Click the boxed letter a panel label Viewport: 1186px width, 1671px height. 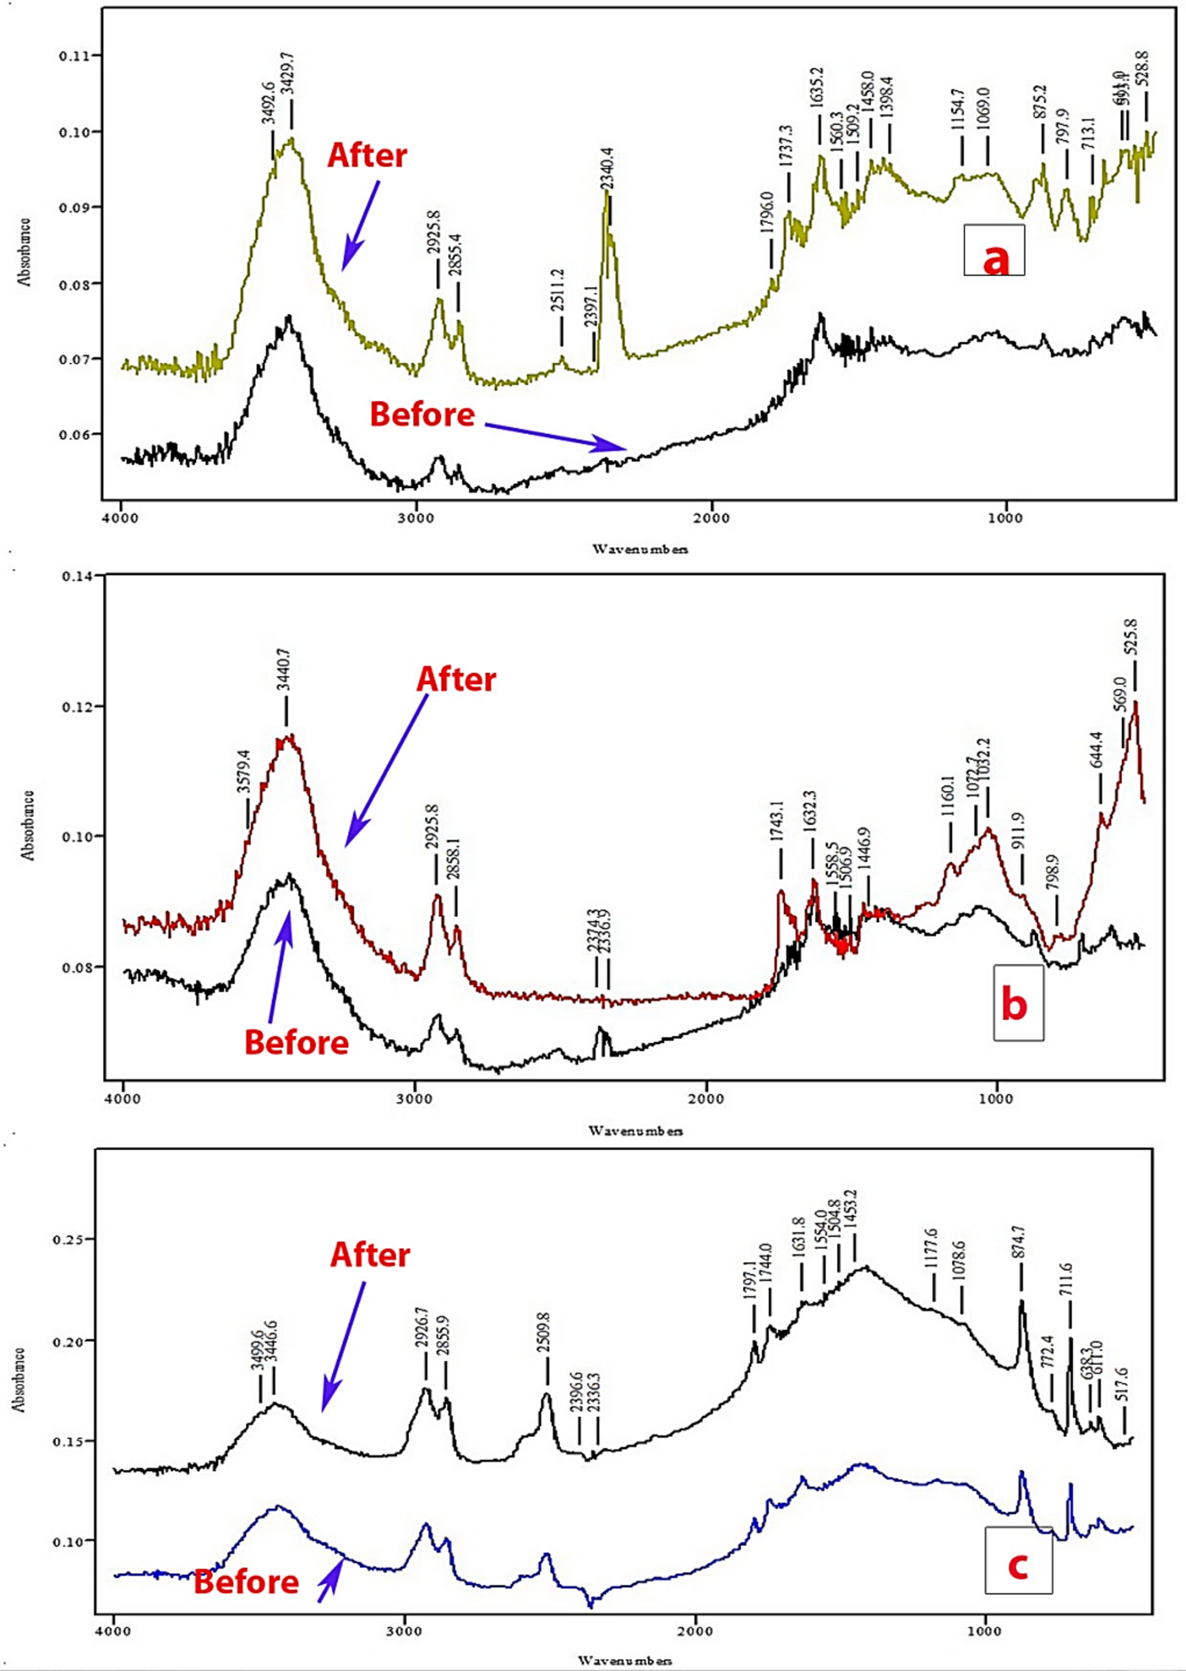(x=995, y=251)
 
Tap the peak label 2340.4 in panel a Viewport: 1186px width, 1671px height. (x=607, y=168)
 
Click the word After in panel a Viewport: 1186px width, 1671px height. (x=367, y=155)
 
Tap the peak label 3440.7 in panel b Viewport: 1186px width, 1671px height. (x=285, y=671)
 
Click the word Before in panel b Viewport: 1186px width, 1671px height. (x=297, y=1042)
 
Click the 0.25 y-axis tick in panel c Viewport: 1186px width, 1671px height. (x=69, y=1239)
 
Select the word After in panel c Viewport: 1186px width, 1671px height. (x=369, y=1256)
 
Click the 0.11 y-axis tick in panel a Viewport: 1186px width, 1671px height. (x=79, y=56)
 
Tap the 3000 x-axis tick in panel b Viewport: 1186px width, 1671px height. (x=414, y=1099)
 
